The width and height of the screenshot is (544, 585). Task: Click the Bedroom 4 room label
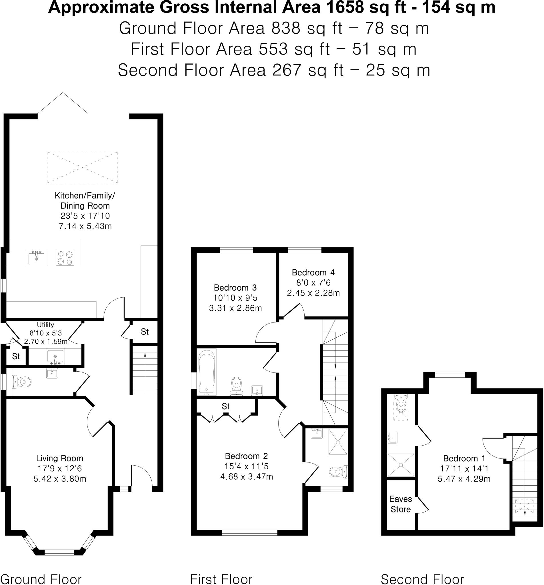pos(313,273)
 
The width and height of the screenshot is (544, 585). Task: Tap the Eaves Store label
pos(400,504)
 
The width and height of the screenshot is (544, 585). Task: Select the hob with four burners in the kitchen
pos(65,258)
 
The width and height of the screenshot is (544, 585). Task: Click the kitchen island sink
pos(36,258)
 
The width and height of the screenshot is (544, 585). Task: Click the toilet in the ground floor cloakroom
pos(21,382)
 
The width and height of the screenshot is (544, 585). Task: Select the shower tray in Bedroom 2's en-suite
pos(338,442)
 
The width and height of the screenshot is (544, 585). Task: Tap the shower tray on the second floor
pos(401,465)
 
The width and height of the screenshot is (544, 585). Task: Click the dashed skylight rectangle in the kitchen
pos(82,167)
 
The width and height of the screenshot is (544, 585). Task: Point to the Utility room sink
pos(55,357)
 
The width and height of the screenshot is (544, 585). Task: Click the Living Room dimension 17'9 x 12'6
pos(60,468)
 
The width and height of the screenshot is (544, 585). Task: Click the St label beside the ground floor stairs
pos(145,332)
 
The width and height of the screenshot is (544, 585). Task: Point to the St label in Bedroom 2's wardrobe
pos(225,406)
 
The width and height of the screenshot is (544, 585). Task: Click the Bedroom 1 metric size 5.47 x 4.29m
pos(464,479)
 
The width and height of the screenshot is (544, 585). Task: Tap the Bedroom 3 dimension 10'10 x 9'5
pos(235,298)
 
